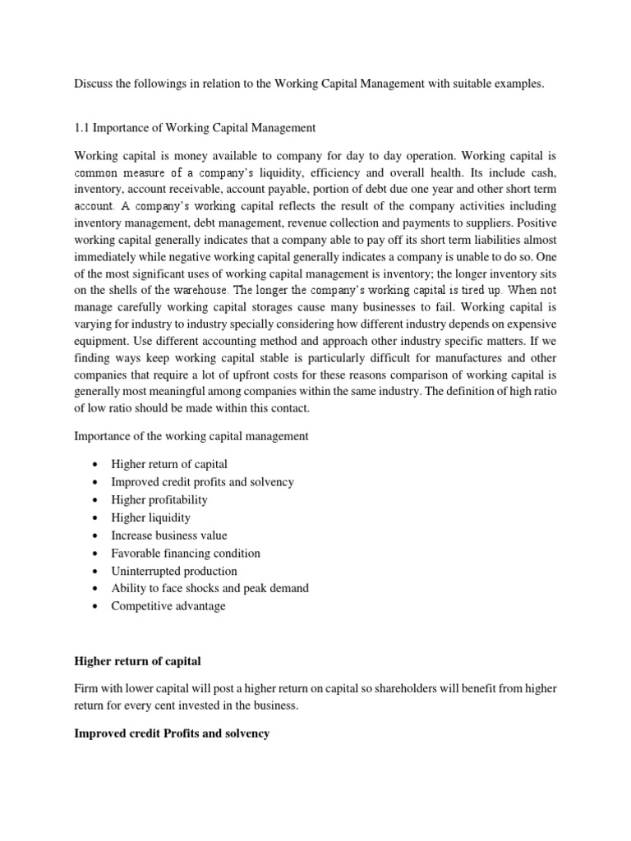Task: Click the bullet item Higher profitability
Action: pyautogui.click(x=159, y=499)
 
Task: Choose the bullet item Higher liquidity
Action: pyautogui.click(x=151, y=517)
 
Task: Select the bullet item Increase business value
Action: pyautogui.click(x=169, y=535)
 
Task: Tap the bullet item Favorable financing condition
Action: pyautogui.click(x=186, y=554)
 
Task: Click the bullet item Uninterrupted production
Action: pyautogui.click(x=174, y=571)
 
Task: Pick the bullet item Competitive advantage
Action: pyautogui.click(x=168, y=606)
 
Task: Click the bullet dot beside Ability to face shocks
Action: pyautogui.click(x=97, y=589)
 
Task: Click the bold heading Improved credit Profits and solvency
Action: pyautogui.click(x=172, y=733)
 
